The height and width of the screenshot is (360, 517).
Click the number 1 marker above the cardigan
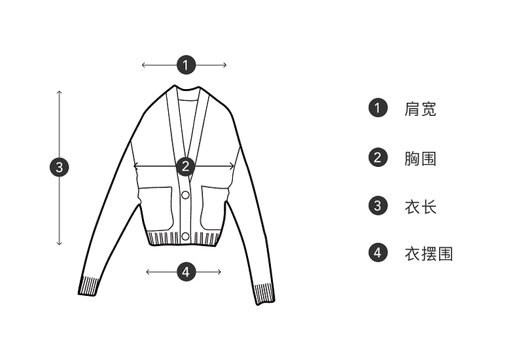[186, 65]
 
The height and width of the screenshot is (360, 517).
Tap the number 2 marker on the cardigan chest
[186, 166]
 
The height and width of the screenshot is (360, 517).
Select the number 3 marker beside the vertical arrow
[60, 167]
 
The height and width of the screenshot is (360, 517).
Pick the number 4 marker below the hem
[186, 272]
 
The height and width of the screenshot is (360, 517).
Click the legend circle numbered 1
[378, 108]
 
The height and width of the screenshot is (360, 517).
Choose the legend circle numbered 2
[378, 158]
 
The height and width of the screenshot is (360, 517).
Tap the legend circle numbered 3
[378, 206]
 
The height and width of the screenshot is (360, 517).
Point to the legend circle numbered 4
[378, 253]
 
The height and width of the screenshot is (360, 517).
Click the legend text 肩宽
[421, 109]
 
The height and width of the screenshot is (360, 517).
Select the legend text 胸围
[421, 158]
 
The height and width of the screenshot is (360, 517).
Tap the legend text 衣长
[421, 207]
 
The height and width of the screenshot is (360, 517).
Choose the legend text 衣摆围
[429, 253]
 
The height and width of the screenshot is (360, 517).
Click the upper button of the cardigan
[185, 195]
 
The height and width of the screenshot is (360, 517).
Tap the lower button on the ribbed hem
[185, 236]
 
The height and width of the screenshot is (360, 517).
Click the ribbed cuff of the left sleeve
[89, 286]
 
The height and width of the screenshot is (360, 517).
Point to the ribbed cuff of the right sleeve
[264, 293]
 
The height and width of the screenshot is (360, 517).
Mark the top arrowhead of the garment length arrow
[60, 92]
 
